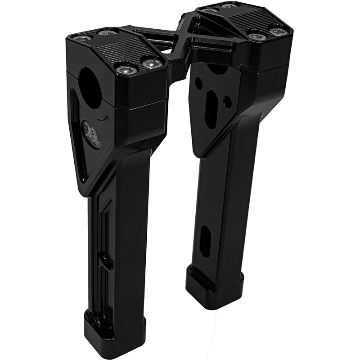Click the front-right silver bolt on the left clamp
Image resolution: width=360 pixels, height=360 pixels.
tap(152, 63)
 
